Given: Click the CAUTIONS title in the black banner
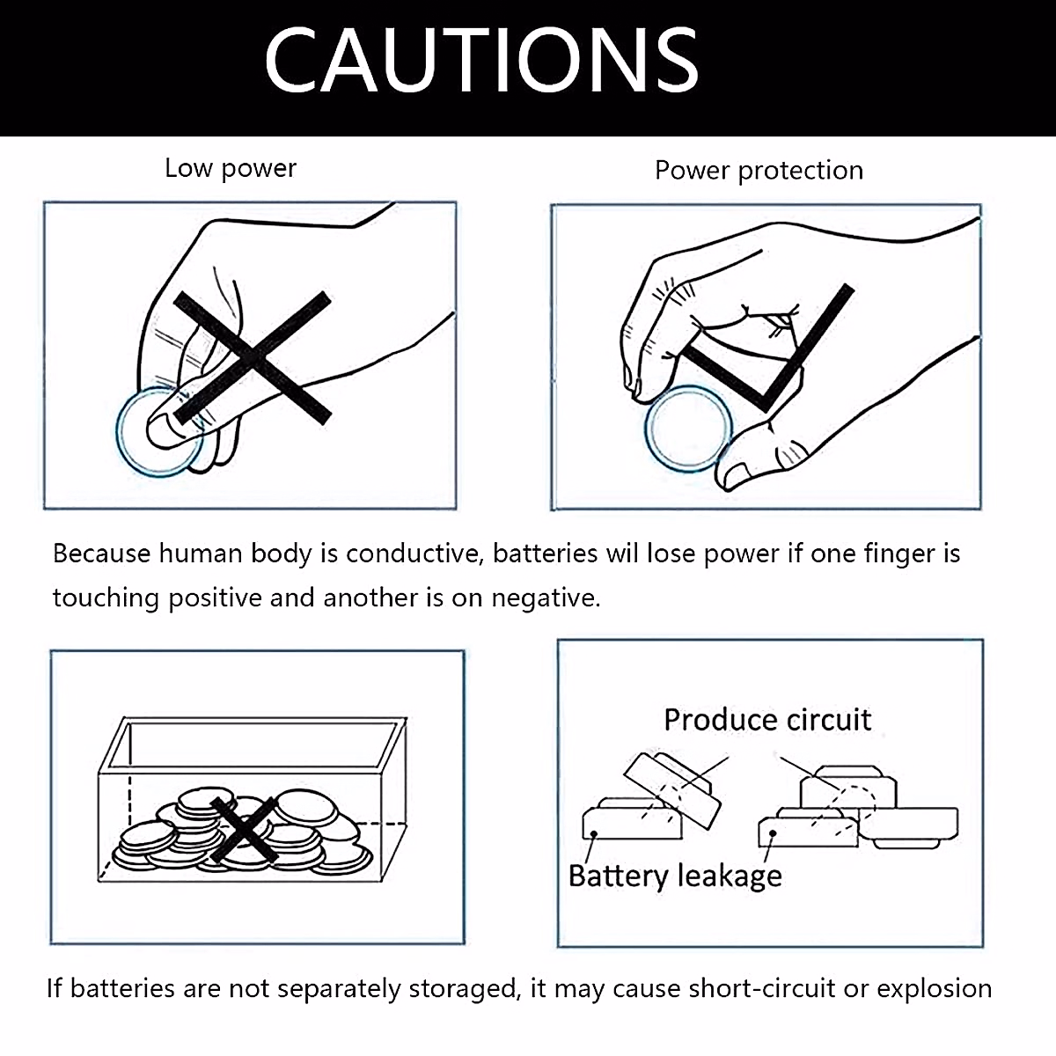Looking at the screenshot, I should (481, 60).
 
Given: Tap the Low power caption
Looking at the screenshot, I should (231, 168).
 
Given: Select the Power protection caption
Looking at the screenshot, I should (759, 170).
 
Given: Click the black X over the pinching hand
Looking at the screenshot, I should (253, 357).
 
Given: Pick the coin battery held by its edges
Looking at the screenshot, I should (687, 429).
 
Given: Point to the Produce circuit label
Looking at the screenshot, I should (767, 720).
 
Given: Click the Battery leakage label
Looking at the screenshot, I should (675, 876).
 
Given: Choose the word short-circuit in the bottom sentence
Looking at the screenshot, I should (761, 988).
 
